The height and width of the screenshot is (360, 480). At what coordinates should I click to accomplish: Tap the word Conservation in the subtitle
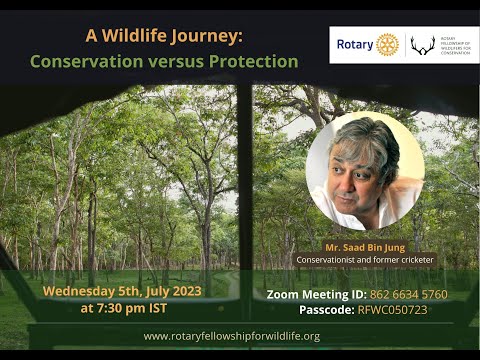tap(88, 61)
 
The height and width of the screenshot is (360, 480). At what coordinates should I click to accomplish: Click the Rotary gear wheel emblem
tap(387, 45)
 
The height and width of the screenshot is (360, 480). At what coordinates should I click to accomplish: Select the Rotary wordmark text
tap(355, 45)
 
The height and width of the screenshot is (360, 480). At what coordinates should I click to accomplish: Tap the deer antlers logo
tap(423, 45)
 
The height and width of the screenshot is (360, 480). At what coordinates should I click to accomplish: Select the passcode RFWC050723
tap(400, 311)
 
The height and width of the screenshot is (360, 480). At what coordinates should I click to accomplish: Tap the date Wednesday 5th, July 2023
tap(121, 291)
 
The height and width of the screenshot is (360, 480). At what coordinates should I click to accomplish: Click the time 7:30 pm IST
tap(121, 308)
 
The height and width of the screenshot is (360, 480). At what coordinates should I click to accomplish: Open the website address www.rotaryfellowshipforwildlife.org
tap(231, 336)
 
